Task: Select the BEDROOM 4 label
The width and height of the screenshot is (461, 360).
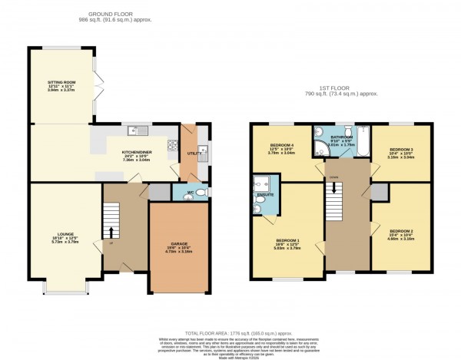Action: pyautogui.click(x=282, y=147)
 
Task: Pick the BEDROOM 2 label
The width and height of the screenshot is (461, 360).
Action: pyautogui.click(x=400, y=233)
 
